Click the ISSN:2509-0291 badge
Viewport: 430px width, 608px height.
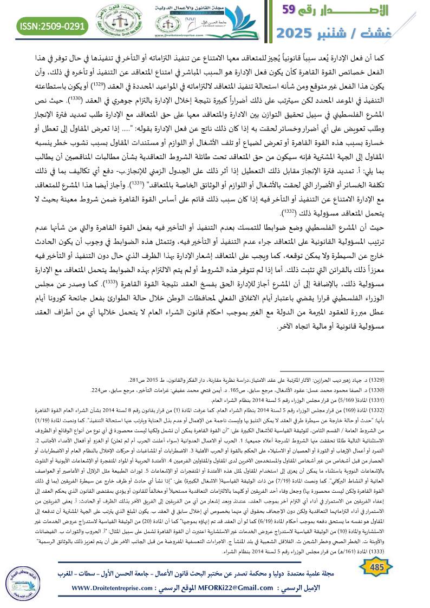click(53, 25)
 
